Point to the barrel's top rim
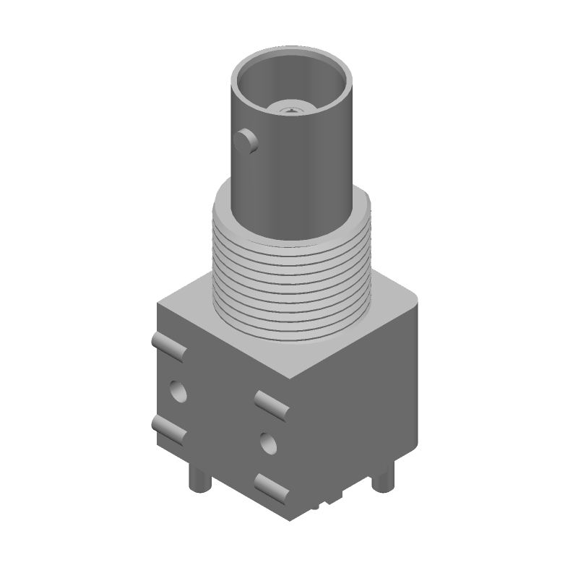[x=293, y=51]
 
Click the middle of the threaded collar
[x=292, y=275]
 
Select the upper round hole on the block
[x=177, y=392]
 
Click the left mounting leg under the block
[x=197, y=478]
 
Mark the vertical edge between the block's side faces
[x=293, y=448]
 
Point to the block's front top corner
[x=293, y=381]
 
